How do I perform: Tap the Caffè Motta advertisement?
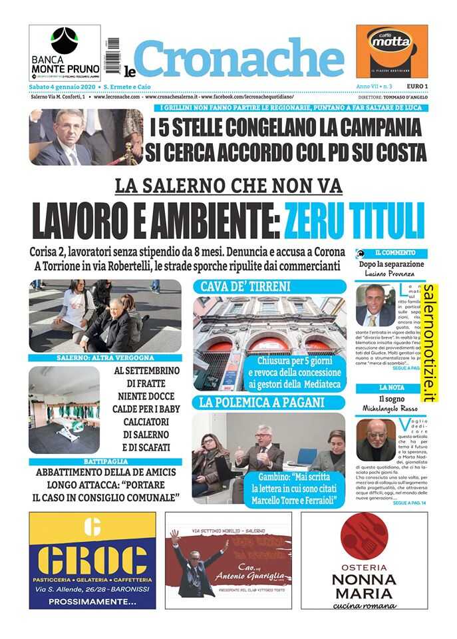click(391, 51)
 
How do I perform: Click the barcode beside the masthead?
click(112, 55)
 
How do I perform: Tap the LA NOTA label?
click(392, 387)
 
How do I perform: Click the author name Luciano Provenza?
click(391, 274)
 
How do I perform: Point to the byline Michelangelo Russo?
click(391, 407)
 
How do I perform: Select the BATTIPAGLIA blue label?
click(105, 461)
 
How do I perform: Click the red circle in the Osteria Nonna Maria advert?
click(363, 536)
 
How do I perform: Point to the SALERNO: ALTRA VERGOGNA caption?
click(105, 358)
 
